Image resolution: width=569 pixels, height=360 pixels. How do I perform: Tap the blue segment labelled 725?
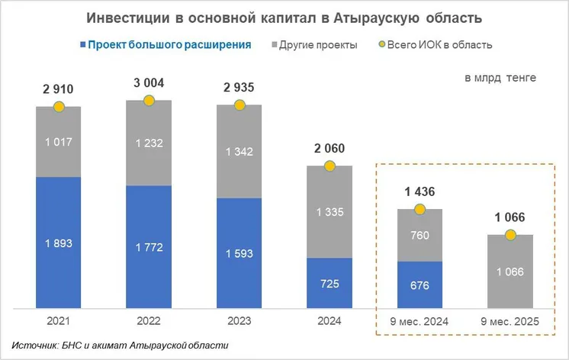click(x=330, y=283)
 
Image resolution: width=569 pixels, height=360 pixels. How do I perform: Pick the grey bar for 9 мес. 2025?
click(x=510, y=272)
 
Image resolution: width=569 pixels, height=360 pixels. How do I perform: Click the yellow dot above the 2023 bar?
click(x=239, y=104)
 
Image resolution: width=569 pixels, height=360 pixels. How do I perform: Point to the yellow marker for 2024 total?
click(x=330, y=166)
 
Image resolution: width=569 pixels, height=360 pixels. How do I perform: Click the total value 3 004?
click(x=149, y=83)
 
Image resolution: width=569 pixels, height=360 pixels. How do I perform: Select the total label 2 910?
click(x=58, y=89)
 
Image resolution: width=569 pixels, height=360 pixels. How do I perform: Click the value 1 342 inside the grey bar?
click(x=239, y=150)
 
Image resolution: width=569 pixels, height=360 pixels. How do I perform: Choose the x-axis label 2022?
click(x=149, y=323)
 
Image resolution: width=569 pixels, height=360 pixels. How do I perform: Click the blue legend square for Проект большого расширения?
click(x=80, y=45)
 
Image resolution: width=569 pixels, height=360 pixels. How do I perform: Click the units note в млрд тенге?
click(x=500, y=77)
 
